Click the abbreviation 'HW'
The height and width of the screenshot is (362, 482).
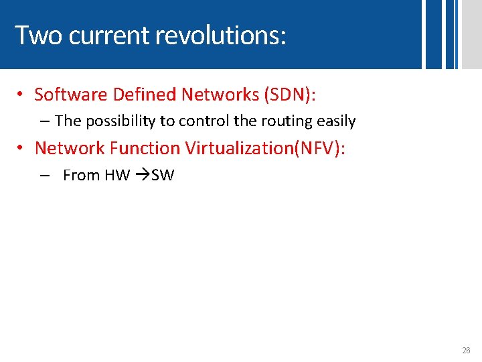coord(117,176)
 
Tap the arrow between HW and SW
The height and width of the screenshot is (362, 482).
coord(141,176)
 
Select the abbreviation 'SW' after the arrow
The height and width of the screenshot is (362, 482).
coord(163,176)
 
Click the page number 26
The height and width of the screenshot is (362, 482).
coord(466,351)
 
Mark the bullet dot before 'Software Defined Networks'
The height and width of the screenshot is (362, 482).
coord(21,95)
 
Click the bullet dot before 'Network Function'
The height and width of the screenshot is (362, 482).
coord(21,149)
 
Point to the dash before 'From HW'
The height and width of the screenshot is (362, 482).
coord(44,176)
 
